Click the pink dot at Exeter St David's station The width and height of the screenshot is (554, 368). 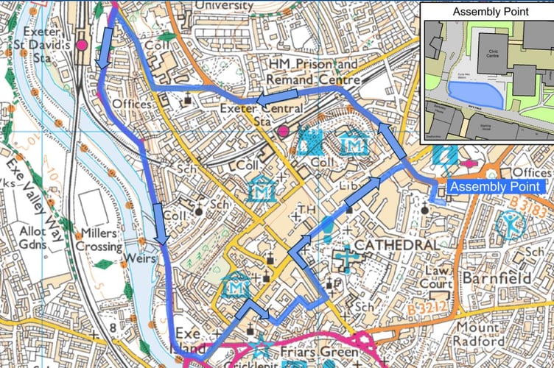tap(82, 46)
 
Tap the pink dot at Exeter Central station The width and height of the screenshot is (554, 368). tap(283, 131)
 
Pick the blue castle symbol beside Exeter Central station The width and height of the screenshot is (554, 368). tap(314, 141)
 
